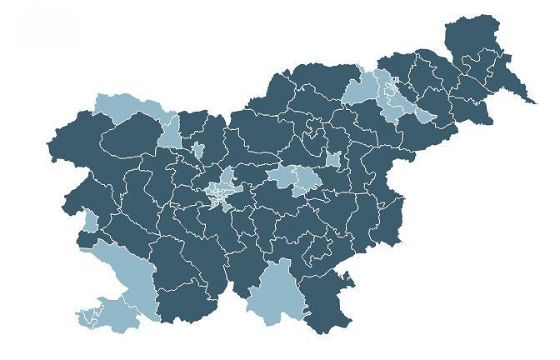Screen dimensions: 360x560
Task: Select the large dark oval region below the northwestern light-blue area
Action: [x=133, y=137]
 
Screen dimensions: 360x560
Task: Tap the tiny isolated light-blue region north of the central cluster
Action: [x=197, y=150]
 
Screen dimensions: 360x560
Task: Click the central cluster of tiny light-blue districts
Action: [x=222, y=190]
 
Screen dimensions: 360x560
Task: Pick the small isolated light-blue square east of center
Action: [x=333, y=160]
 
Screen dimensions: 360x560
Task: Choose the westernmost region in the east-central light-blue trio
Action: [x=282, y=176]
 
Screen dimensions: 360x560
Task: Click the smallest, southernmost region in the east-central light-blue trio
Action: [x=302, y=190]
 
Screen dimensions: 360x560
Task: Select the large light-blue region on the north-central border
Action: [x=359, y=88]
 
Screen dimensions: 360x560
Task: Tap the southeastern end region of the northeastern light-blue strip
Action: [x=422, y=115]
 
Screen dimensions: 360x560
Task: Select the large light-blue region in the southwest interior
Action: [x=125, y=267]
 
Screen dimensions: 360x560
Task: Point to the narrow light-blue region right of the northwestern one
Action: [x=170, y=132]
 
